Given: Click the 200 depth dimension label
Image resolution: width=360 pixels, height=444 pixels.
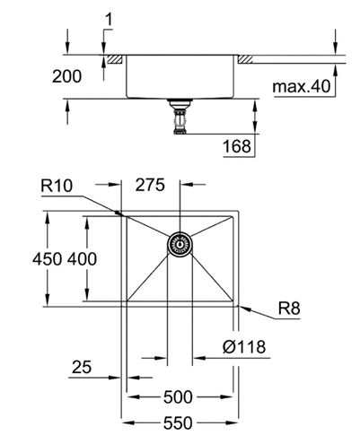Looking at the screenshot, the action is (x=66, y=76).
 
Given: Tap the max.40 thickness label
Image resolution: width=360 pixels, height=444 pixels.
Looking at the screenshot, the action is (x=302, y=86).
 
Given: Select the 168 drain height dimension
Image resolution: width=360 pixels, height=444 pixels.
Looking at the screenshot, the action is (x=237, y=146).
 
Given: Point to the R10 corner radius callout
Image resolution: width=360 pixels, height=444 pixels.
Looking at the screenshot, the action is (x=57, y=186).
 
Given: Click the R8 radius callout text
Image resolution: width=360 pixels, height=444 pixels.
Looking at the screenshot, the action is (x=289, y=309).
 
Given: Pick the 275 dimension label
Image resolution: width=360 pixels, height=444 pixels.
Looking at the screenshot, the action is (x=150, y=185).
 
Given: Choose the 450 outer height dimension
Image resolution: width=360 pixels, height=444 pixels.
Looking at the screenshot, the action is (x=48, y=259).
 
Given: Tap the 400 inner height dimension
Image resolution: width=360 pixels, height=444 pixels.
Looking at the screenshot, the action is (x=82, y=259).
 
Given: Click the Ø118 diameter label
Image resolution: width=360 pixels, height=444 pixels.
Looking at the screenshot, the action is (x=244, y=347).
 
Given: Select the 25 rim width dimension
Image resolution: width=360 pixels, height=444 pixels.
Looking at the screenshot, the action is (x=82, y=367).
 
